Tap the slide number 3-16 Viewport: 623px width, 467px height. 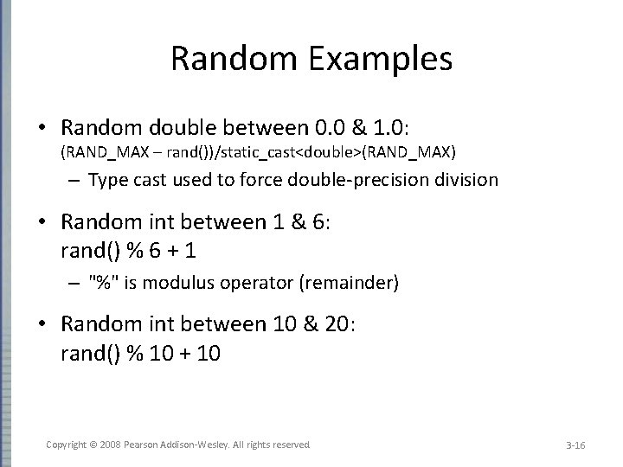click(575, 445)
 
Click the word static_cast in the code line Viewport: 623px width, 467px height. click(271, 153)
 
